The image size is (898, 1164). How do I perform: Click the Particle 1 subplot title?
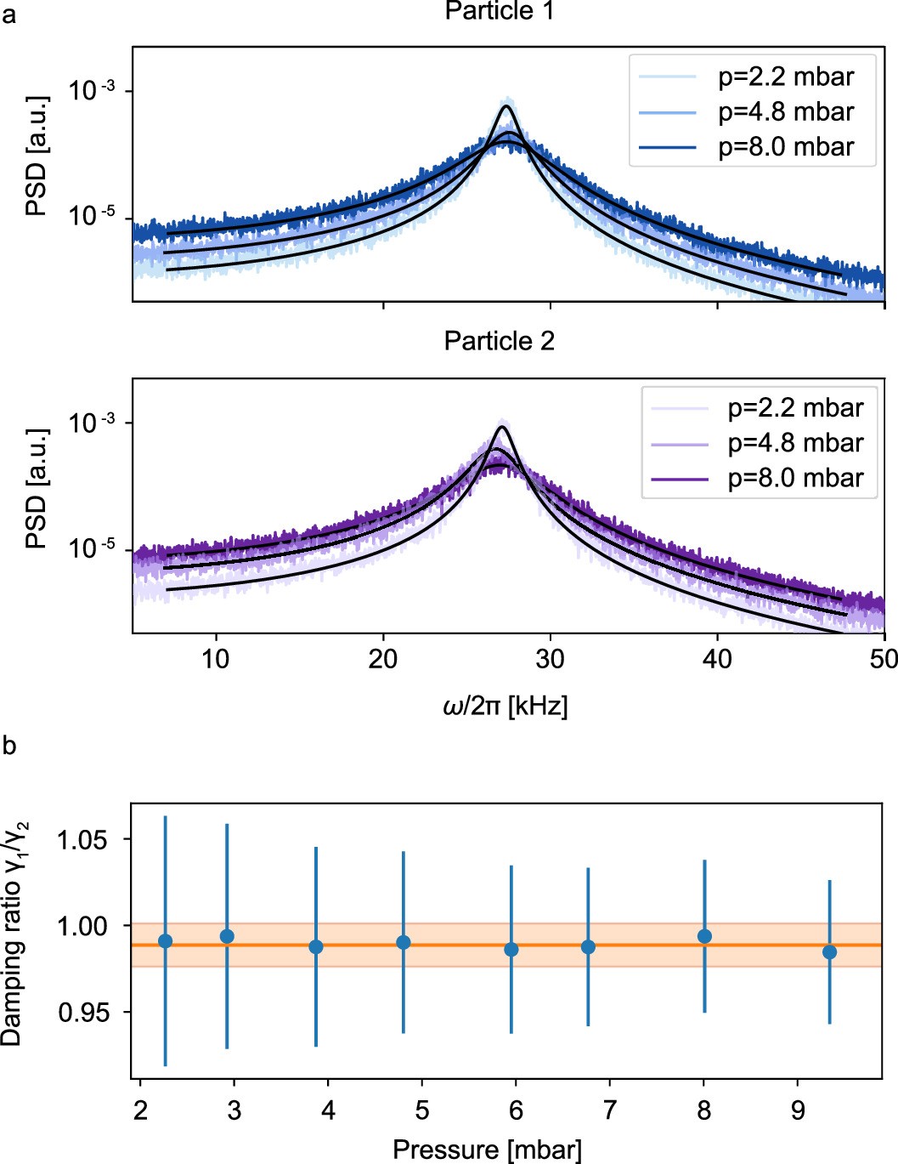(499, 11)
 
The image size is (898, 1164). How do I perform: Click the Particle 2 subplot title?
(499, 341)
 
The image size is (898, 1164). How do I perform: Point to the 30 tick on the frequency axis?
(550, 659)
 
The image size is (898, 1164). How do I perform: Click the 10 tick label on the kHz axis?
(216, 659)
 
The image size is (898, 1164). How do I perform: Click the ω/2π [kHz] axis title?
(505, 706)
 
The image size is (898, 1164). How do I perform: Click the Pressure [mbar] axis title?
(487, 1150)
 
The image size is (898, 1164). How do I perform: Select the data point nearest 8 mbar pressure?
(704, 936)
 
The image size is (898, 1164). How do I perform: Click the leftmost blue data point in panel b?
(165, 941)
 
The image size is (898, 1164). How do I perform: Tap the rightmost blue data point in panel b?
(829, 952)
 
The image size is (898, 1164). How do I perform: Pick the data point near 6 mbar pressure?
(511, 950)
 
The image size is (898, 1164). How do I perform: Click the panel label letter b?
(9, 747)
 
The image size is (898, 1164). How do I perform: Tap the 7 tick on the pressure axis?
(610, 1110)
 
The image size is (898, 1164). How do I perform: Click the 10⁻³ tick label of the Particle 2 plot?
(92, 423)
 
